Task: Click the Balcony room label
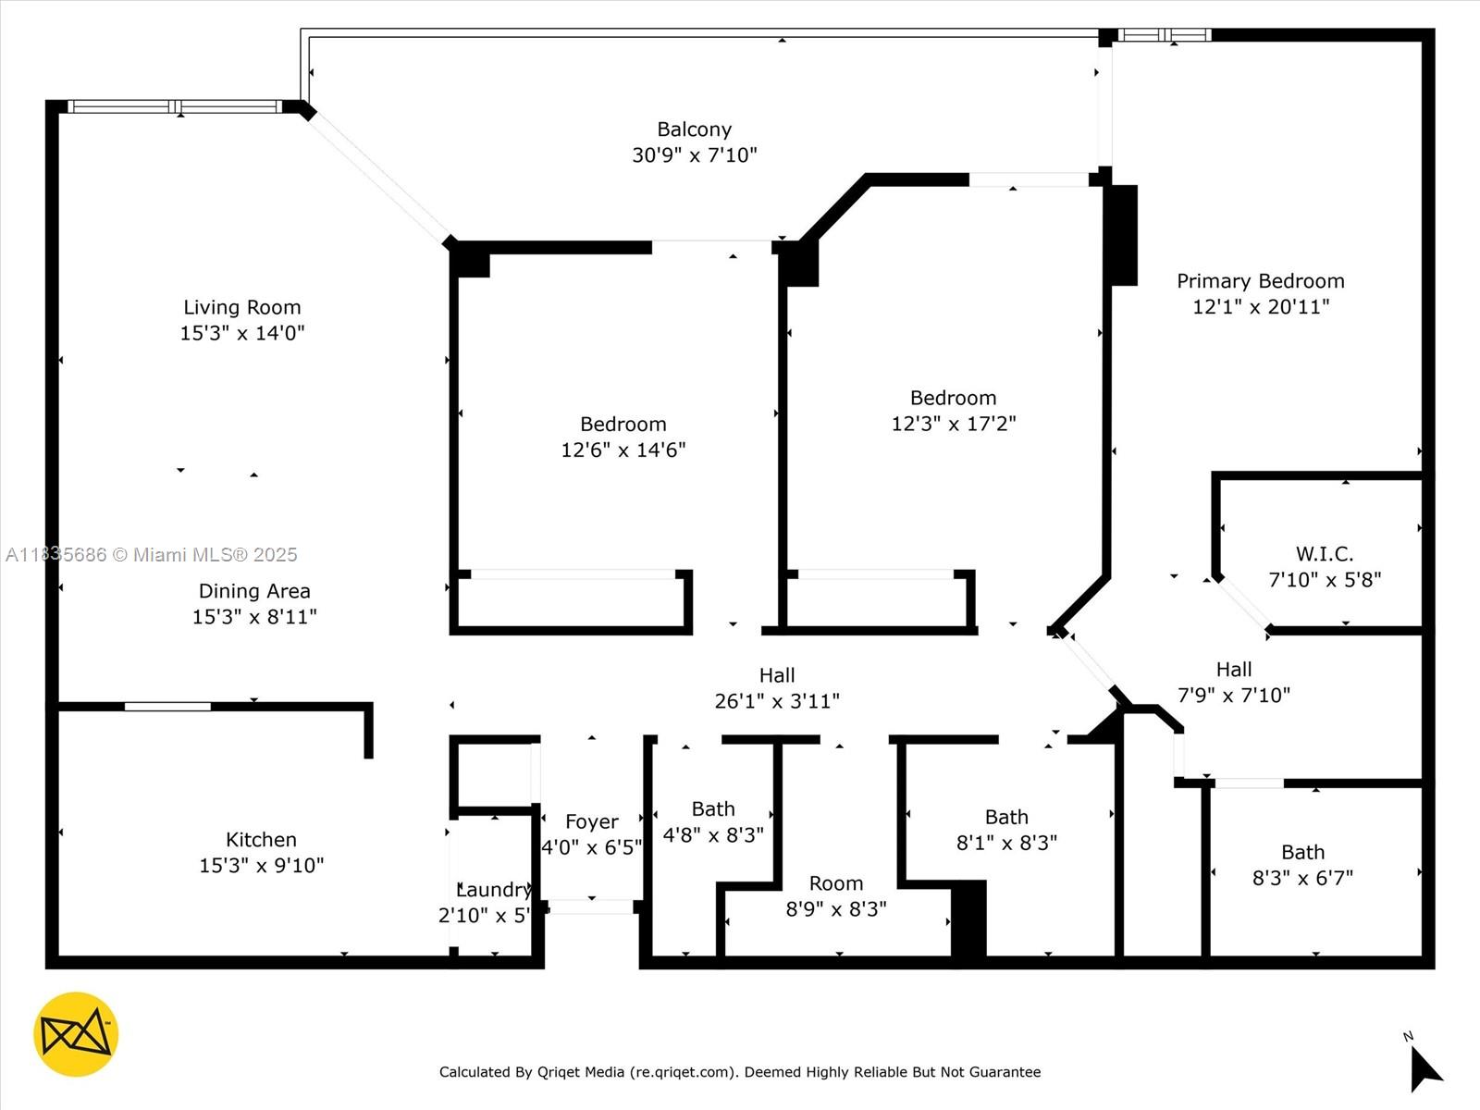[694, 129]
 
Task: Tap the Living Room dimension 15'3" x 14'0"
[242, 333]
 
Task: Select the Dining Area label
[254, 591]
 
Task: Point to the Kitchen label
[261, 840]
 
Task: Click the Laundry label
[494, 890]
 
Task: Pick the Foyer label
[592, 821]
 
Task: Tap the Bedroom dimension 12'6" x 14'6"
[623, 450]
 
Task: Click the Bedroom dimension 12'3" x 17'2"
[954, 424]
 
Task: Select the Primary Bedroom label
[1260, 281]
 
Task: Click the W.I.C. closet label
[1324, 554]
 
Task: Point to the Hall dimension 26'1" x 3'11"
[777, 701]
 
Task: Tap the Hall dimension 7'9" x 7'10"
[1234, 695]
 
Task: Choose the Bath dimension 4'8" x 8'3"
[713, 834]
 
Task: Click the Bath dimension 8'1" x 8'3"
[1006, 843]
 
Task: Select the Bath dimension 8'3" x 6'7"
[1302, 878]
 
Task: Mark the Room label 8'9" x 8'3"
[836, 883]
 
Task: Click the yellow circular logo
[76, 1034]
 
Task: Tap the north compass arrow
[1424, 1069]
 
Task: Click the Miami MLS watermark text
[152, 555]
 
